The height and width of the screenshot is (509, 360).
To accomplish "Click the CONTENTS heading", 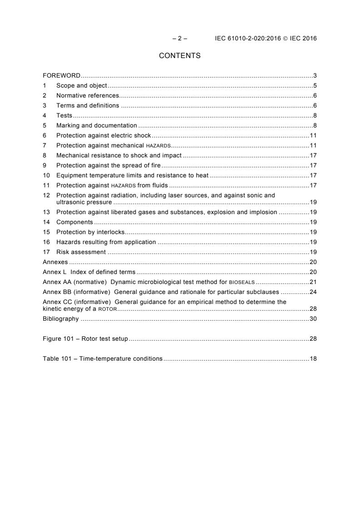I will tap(180, 56).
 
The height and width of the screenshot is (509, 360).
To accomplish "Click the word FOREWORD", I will tap(62, 75).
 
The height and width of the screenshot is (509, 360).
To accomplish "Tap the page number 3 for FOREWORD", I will tap(315, 75).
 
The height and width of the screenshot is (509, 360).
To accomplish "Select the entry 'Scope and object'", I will tap(82, 85).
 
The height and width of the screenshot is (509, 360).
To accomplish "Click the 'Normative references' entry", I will tap(88, 95).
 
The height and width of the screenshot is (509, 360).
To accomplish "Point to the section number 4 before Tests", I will tap(44, 115).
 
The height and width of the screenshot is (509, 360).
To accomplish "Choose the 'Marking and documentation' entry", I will tap(96, 125).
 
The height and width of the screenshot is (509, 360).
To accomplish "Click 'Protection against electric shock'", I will tap(104, 135).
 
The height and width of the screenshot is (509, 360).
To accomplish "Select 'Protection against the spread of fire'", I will tap(109, 165).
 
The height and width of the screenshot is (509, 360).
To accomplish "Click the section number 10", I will tap(46, 175).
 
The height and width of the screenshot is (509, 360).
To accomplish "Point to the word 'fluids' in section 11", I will tap(158, 185).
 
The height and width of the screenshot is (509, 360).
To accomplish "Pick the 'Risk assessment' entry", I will tap(81, 252).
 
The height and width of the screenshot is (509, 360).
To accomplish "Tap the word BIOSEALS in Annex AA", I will tap(242, 282).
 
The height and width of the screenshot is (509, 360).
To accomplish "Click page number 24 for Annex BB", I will tap(313, 292).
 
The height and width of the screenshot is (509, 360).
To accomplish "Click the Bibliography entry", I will tap(61, 319).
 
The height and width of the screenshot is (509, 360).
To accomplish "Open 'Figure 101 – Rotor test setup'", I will tap(85, 339).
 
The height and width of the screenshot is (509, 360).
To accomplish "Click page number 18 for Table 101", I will tap(313, 358).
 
